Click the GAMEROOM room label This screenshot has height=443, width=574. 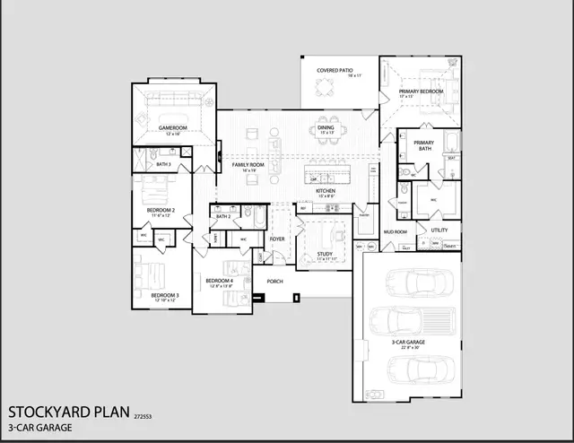171,128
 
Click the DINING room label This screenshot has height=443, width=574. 326,128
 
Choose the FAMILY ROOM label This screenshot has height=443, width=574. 248,165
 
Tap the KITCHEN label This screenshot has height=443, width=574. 325,191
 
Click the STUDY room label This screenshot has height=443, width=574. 325,254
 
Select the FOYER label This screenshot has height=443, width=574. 277,239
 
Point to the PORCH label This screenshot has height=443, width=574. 274,281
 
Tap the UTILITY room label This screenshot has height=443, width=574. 439,230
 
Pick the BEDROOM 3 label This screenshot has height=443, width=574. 164,295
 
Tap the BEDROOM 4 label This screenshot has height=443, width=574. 220,281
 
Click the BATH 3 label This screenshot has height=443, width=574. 163,165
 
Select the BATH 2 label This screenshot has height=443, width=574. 223,216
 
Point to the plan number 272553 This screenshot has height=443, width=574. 143,417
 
